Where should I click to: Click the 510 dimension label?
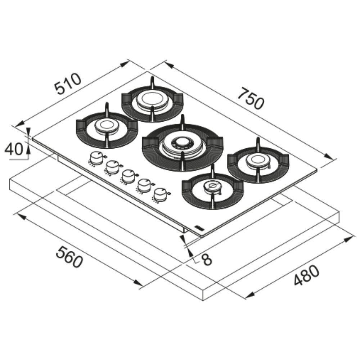[68, 84]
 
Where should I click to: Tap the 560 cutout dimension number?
[69, 256]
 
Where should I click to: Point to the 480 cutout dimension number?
[306, 275]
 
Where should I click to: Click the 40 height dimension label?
[14, 149]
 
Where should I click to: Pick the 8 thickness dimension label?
[207, 259]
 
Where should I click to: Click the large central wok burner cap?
[183, 143]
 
